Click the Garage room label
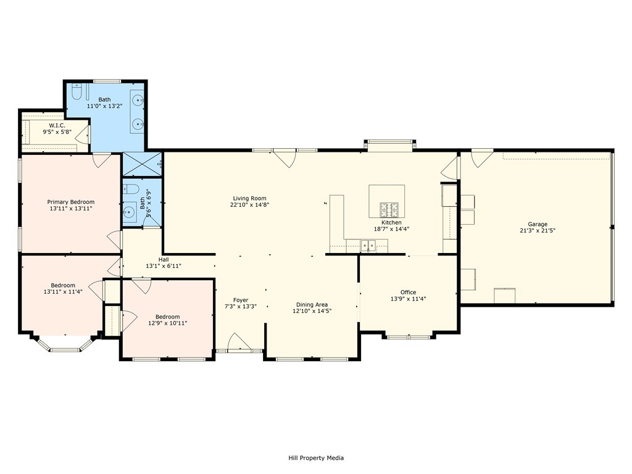coord(538,224)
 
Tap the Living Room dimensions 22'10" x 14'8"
coord(249,205)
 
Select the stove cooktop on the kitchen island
coord(389,209)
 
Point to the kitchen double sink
coord(368,245)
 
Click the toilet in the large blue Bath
coord(76,92)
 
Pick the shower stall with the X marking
coord(142,164)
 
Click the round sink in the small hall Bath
coord(130,211)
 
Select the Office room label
coord(409,292)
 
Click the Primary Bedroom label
coord(71,202)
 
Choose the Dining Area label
coord(312,305)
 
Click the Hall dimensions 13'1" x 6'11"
coord(164,266)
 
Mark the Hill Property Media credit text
coord(316,458)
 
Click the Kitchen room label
coord(391,222)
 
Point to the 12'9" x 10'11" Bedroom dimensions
coord(168,323)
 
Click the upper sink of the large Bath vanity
coord(138,99)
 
